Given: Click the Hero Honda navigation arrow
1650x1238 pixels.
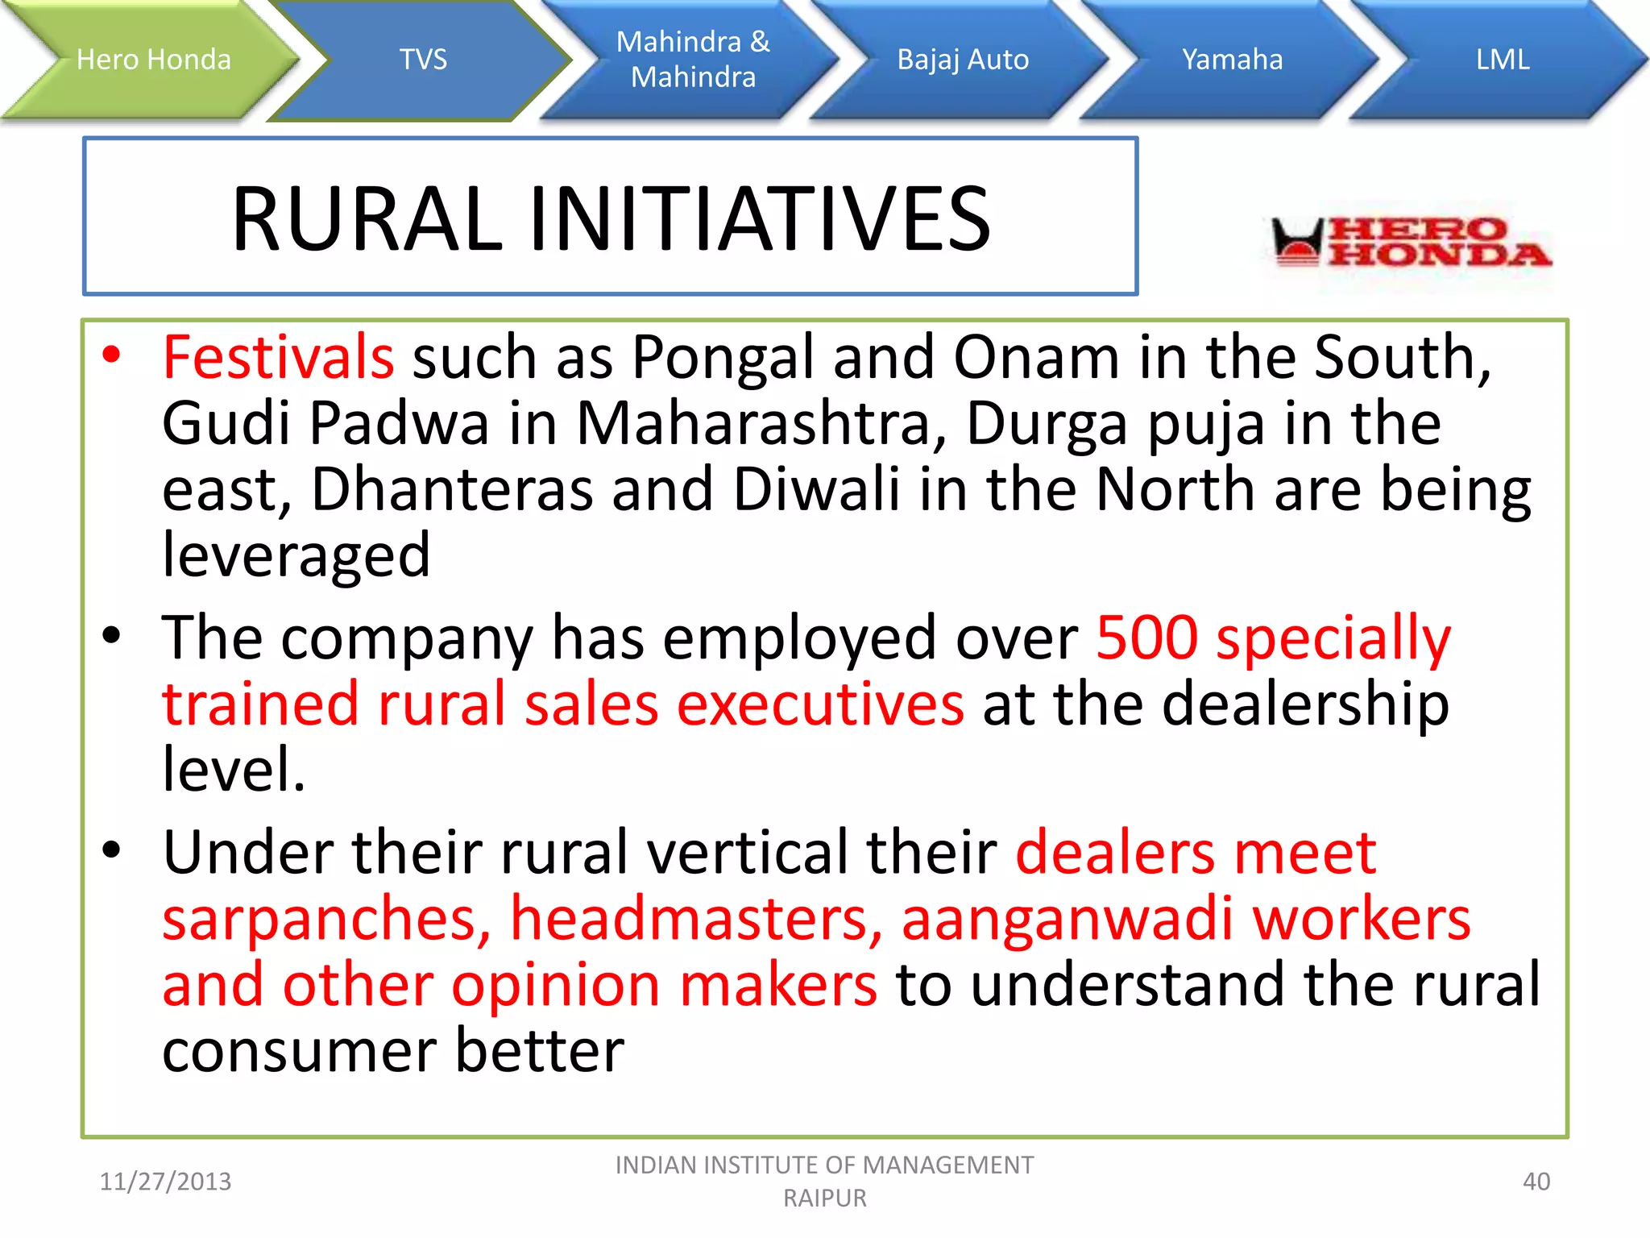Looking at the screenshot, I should pos(153,60).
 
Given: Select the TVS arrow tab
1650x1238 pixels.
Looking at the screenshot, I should pos(423,60).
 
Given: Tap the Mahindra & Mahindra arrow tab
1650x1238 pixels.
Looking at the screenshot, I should pos(693,60).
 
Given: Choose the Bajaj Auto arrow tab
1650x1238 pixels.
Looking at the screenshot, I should pos(963,60).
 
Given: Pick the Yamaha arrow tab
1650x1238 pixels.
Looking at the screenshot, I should pos(1232,60).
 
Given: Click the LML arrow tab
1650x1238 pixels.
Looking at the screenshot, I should pos(1503,60).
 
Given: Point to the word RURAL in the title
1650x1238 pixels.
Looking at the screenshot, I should pos(367,219).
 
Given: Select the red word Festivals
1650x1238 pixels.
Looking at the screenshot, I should pos(278,357).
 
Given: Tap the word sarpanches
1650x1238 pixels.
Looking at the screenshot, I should pos(325,920).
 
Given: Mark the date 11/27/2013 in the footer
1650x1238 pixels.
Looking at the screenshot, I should pos(165,1182).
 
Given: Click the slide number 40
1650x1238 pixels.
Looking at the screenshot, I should pos(1536,1182).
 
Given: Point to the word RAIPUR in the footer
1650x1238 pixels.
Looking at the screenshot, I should pos(825,1199).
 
